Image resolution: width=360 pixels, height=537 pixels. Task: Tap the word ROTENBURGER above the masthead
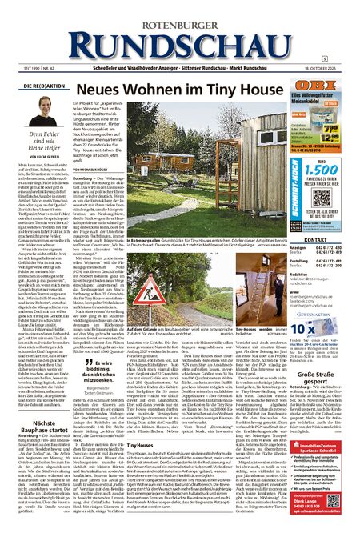pos(180,9)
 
